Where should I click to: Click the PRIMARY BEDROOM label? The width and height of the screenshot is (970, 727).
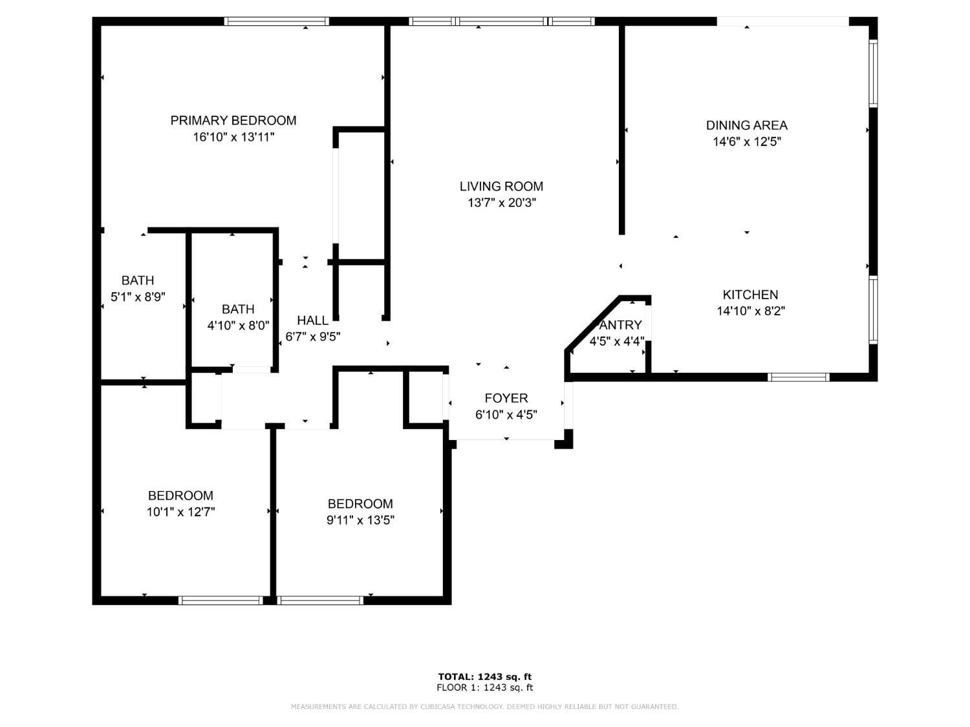(233, 120)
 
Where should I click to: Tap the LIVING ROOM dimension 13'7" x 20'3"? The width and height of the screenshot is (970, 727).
(502, 203)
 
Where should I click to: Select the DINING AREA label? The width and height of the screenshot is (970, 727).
(746, 125)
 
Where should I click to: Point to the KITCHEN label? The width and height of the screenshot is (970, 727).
(750, 295)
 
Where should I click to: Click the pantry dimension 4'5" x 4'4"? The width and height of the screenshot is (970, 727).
(617, 341)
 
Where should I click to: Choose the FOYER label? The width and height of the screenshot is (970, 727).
(506, 398)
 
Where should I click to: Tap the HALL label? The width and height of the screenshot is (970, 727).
(312, 321)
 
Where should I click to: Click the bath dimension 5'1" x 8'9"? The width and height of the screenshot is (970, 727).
(138, 297)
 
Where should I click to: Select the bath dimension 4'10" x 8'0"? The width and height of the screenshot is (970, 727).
(238, 326)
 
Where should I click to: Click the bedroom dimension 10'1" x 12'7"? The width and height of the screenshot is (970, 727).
(180, 512)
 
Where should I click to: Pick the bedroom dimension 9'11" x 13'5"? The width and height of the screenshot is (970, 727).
(360, 520)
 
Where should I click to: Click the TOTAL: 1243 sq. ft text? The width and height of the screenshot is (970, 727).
(485, 677)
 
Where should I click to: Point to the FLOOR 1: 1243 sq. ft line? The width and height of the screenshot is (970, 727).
(485, 688)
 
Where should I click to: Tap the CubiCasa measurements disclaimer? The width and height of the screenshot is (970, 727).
(485, 707)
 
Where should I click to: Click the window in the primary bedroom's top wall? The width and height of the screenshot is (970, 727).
(276, 21)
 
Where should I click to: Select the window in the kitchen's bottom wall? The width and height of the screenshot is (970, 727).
(798, 377)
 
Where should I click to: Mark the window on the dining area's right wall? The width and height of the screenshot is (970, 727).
(872, 73)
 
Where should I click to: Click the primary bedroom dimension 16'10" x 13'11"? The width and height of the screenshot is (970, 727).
(233, 137)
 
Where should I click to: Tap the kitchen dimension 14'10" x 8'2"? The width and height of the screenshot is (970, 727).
(750, 311)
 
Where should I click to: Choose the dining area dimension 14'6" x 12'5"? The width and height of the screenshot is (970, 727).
(746, 142)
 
